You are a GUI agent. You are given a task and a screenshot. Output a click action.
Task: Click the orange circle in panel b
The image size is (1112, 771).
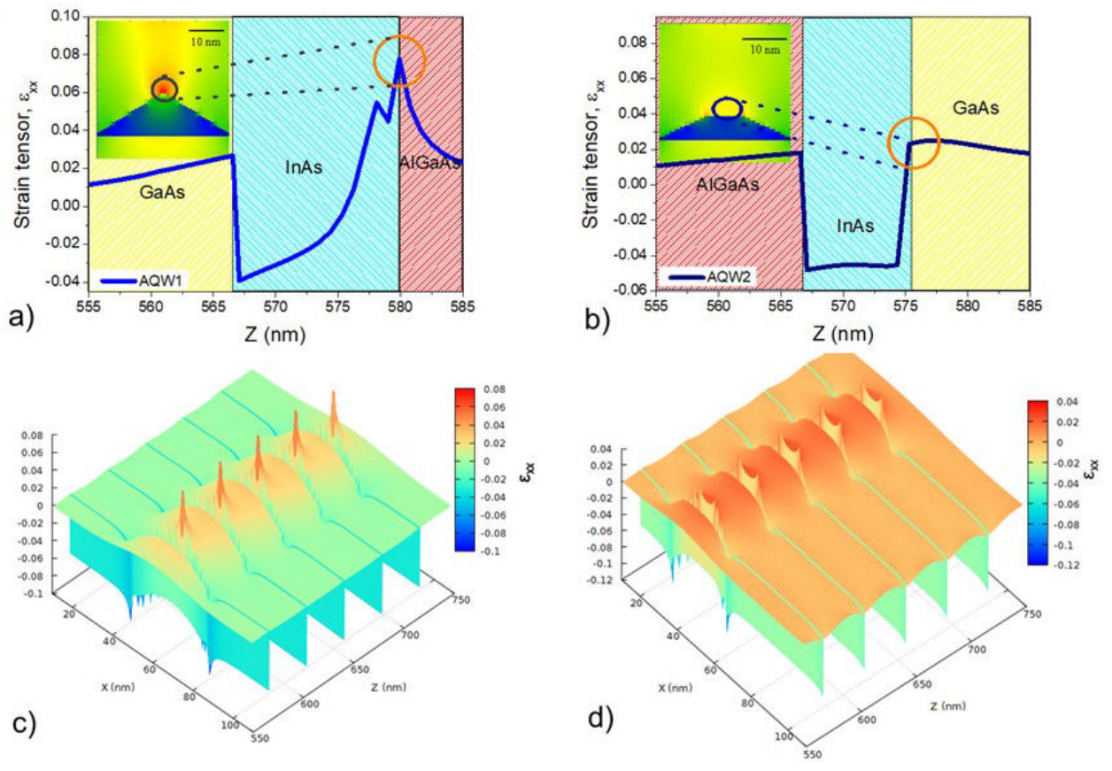coord(913,142)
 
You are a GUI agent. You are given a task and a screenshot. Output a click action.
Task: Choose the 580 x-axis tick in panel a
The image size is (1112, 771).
coord(400,306)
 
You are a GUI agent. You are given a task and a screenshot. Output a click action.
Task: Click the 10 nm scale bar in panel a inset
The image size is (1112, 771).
coord(205,32)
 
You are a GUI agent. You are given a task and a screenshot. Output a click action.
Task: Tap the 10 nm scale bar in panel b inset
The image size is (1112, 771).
coord(764,40)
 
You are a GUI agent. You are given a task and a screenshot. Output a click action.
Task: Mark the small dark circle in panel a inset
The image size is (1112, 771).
coord(163,88)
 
